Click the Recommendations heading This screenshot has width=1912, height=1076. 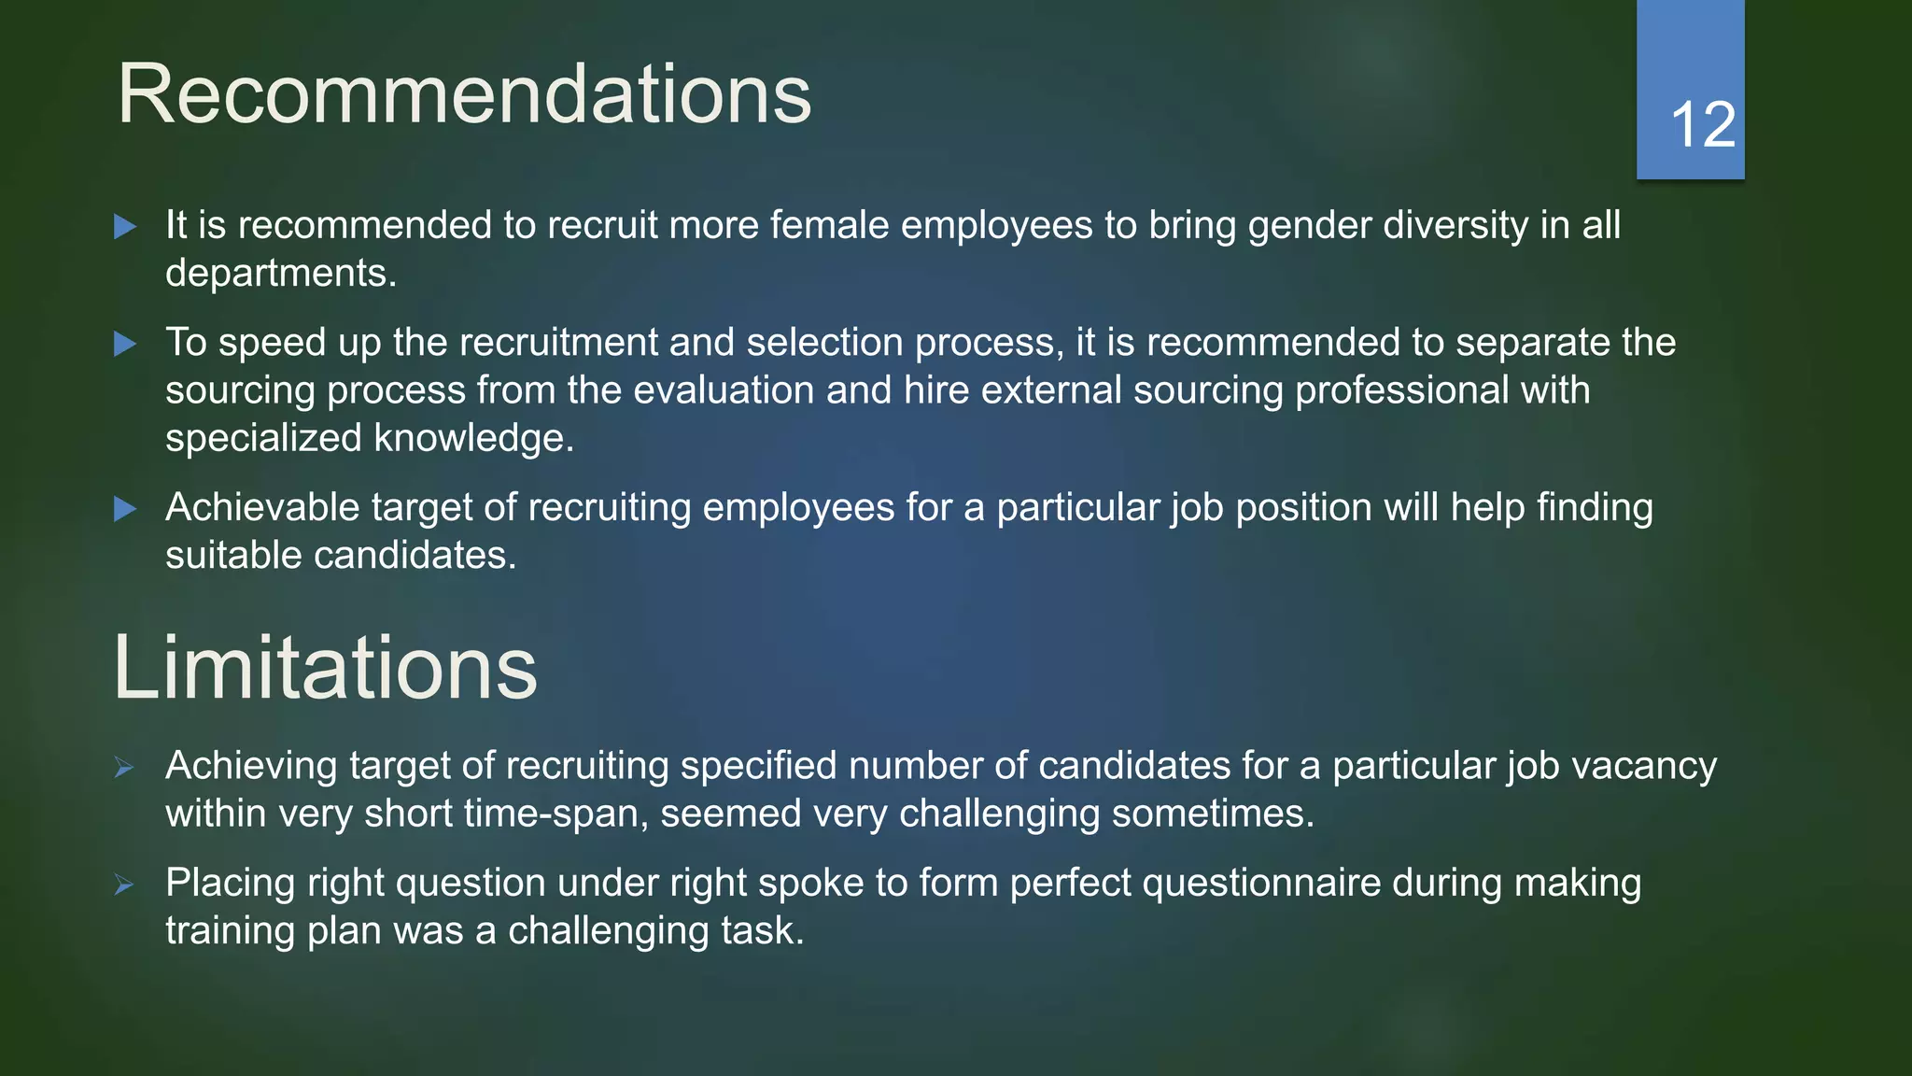point(464,94)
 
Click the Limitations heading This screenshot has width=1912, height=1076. point(325,668)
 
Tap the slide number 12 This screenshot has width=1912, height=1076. point(1702,124)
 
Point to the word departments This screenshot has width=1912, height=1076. point(280,274)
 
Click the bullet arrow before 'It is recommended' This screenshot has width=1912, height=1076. point(125,227)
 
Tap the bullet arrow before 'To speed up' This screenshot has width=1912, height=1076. point(125,345)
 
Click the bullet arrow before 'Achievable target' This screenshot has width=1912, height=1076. point(125,509)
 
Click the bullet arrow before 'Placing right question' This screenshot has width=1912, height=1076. point(124,885)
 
